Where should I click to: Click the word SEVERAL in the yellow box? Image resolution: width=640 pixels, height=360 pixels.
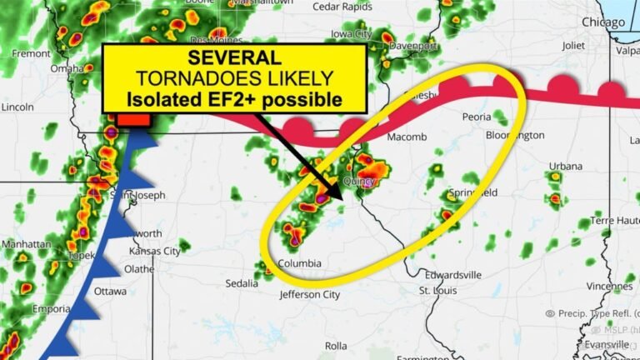(x=234, y=59)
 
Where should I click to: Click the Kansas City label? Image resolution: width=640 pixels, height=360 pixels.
(x=154, y=251)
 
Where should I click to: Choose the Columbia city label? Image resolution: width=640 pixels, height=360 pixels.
(x=299, y=264)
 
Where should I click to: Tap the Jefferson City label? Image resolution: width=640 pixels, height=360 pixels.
(x=309, y=294)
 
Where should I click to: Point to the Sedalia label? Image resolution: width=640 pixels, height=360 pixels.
(x=242, y=283)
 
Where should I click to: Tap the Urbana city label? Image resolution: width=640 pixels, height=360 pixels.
(x=566, y=166)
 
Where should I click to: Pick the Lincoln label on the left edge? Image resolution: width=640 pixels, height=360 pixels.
(x=17, y=107)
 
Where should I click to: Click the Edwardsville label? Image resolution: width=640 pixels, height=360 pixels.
(x=452, y=274)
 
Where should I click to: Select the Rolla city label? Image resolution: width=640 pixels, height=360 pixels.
(x=336, y=345)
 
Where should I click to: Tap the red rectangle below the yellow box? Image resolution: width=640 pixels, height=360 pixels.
(x=132, y=120)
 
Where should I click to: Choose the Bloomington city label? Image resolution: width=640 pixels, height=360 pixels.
(x=515, y=135)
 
